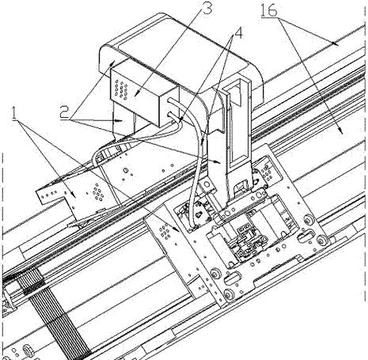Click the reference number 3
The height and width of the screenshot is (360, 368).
pyautogui.click(x=207, y=8)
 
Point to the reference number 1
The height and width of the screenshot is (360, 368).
pyautogui.click(x=13, y=114)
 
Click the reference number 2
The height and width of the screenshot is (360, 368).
pyautogui.click(x=65, y=112)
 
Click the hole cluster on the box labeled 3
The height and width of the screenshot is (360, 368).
pyautogui.click(x=121, y=89)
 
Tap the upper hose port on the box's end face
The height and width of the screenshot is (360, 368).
pyautogui.click(x=171, y=101)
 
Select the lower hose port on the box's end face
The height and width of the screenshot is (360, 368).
pyautogui.click(x=171, y=116)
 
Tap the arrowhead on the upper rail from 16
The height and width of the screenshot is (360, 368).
pyautogui.click(x=336, y=44)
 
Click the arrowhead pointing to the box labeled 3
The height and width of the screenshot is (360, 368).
pyautogui.click(x=135, y=93)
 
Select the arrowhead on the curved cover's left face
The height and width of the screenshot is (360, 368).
pyautogui.click(x=113, y=62)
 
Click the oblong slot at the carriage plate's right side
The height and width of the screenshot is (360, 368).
pyautogui.click(x=306, y=235)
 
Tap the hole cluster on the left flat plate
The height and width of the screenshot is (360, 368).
pyautogui.click(x=98, y=194)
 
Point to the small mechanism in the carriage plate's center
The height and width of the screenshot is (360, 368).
pyautogui.click(x=248, y=241)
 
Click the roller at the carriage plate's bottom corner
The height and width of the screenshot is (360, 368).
pyautogui.click(x=229, y=294)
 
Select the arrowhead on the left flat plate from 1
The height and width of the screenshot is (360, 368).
pyautogui.click(x=73, y=195)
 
